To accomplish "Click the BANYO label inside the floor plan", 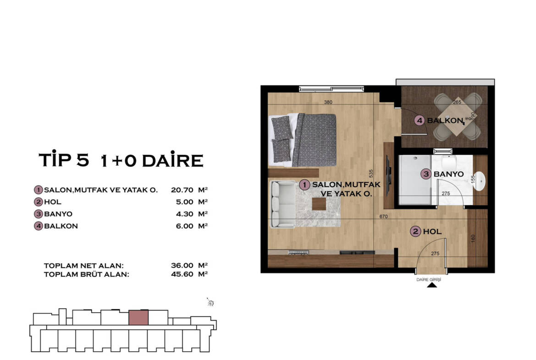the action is tap(448, 174).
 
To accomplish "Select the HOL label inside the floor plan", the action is tap(432, 232).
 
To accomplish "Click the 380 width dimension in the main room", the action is tap(328, 102).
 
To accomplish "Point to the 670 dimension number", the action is tap(383, 216).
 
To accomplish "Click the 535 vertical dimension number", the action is tap(371, 173).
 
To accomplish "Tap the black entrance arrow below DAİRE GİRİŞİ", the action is tap(432, 285).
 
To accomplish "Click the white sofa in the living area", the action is tap(283, 205).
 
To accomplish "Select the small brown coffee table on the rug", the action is tap(319, 205).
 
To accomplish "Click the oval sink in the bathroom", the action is tap(480, 181).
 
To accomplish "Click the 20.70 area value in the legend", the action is tap(182, 190).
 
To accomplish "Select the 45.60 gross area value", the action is tap(182, 274).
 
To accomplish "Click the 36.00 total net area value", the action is tap(182, 265).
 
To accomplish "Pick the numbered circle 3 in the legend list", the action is tap(39, 214).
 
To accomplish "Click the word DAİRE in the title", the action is tap(172, 160).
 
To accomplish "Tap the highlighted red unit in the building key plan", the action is tap(138, 318).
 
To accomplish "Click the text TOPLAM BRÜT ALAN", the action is tap(87, 274).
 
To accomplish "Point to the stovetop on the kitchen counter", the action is tap(298, 253).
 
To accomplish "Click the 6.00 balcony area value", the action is tap(185, 226).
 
